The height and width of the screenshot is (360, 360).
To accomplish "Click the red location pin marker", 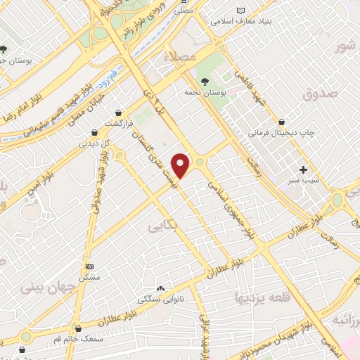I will click(x=181, y=165).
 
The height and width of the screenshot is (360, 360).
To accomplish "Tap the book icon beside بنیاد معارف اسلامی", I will click(x=242, y=11).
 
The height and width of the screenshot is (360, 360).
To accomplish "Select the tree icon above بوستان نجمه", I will click(x=205, y=82).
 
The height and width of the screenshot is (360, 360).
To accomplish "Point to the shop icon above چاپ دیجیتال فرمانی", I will click(x=282, y=122).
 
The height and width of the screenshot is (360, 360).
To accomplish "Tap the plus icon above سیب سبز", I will click(x=304, y=169).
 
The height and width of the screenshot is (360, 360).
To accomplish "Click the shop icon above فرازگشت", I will click(x=119, y=112).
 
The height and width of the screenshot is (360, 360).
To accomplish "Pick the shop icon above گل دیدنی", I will click(x=94, y=131).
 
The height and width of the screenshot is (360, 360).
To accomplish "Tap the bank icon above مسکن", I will click(x=89, y=267).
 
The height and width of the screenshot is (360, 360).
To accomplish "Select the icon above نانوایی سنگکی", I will click(x=161, y=288).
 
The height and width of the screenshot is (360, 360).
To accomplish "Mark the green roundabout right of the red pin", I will click(x=201, y=162).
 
